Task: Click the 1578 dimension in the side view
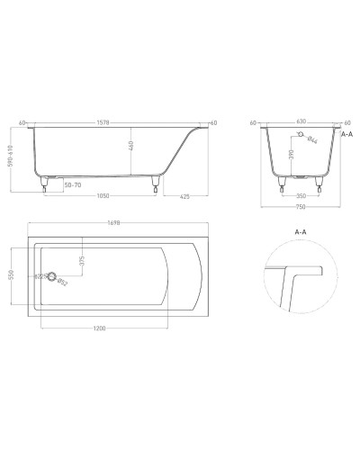pyautogui.click(x=112, y=123)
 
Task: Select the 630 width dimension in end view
pyautogui.click(x=298, y=123)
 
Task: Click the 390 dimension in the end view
pyautogui.click(x=290, y=156)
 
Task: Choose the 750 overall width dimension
pyautogui.click(x=298, y=206)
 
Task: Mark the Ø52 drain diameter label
pyautogui.click(x=63, y=283)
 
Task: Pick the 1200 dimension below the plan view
pyautogui.click(x=100, y=328)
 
